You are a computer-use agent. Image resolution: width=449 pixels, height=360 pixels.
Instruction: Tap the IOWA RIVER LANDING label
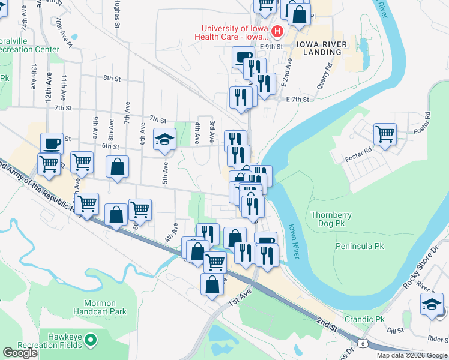[318, 48]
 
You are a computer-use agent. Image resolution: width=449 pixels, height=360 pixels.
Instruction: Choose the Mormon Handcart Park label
[100, 308]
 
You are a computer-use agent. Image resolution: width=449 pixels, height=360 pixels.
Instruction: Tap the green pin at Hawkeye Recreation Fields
[91, 341]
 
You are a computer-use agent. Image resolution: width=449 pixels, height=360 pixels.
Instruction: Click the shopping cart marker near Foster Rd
[385, 134]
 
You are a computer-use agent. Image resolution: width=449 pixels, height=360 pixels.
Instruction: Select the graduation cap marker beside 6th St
[164, 140]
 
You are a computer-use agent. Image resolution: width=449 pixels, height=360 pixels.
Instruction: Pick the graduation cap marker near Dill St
[432, 305]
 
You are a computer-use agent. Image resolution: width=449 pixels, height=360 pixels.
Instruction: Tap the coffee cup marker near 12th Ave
[52, 143]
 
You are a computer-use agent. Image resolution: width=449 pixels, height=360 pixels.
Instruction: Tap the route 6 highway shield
[363, 343]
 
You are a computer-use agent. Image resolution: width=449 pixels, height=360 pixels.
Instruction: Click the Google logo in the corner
[20, 353]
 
